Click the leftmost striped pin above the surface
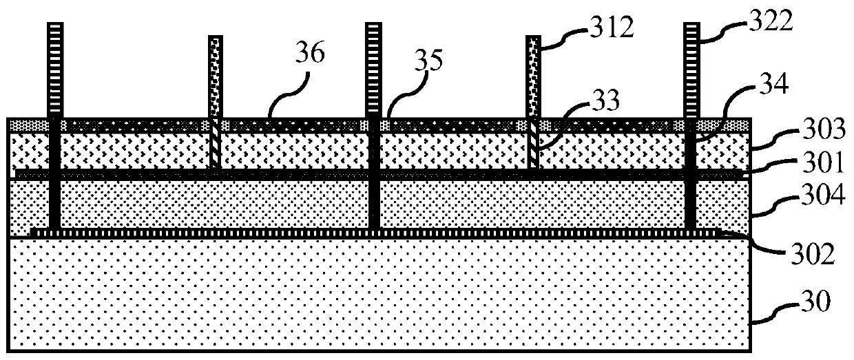[x=54, y=69]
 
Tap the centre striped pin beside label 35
[x=374, y=69]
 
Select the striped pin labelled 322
[x=694, y=69]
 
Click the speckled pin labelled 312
[x=534, y=76]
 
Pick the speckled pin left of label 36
[x=215, y=76]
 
